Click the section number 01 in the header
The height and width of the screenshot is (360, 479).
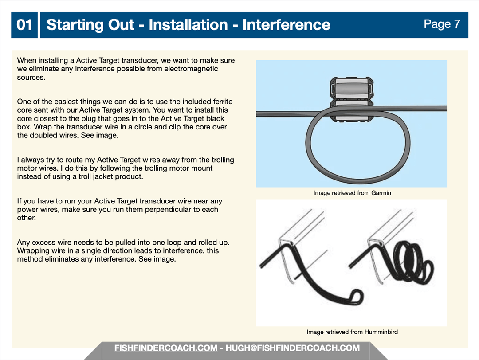point(24,25)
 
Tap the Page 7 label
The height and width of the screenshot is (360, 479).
point(442,24)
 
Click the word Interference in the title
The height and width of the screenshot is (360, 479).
point(286,25)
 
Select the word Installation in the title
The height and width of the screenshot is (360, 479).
point(188,25)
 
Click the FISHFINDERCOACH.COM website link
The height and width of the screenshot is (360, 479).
point(166,348)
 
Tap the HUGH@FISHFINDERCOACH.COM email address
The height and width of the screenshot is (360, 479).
point(292,348)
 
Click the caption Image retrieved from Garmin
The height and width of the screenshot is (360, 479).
point(352,193)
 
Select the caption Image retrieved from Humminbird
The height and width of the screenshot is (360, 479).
point(352,332)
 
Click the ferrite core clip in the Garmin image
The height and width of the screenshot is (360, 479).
point(352,99)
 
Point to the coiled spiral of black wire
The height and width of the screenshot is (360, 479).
point(411,262)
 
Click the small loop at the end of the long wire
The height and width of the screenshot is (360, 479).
point(357,297)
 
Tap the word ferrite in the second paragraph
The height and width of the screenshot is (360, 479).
point(223,102)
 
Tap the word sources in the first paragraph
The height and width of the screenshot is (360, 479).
point(31,78)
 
